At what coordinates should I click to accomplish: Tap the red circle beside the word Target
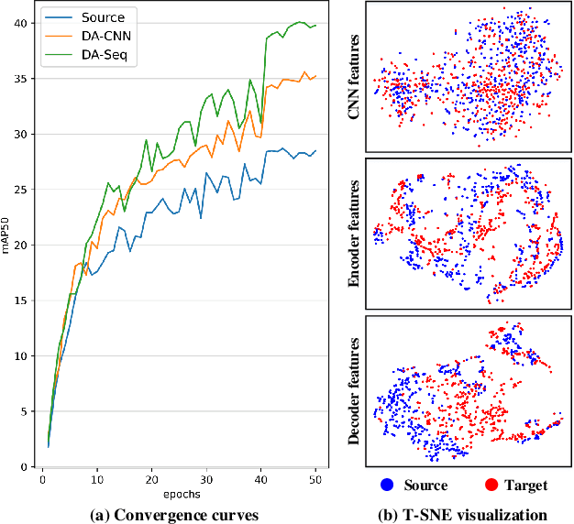coord(494,485)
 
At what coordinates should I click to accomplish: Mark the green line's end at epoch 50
coord(315,25)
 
